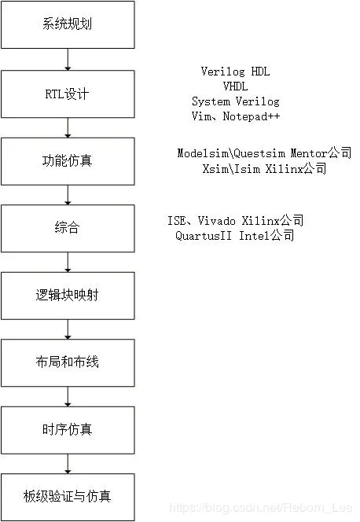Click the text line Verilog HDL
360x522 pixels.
click(x=235, y=72)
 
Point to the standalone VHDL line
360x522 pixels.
click(x=235, y=86)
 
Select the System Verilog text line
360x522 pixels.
click(x=235, y=101)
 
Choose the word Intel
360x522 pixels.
click(x=253, y=236)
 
